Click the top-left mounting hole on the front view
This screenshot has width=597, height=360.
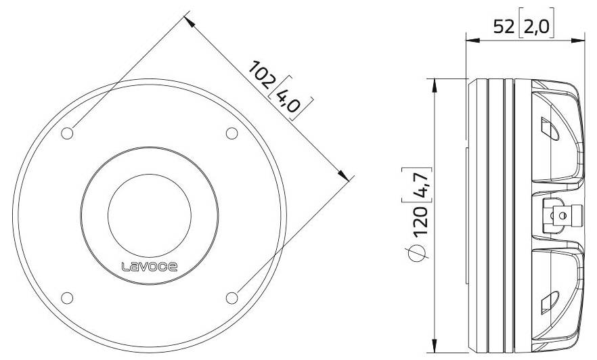67,133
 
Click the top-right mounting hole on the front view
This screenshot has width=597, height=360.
231,133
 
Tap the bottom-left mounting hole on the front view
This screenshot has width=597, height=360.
67,297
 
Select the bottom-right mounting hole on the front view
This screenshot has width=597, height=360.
231,297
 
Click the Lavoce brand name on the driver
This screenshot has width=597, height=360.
150,267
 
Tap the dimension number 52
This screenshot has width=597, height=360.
504,26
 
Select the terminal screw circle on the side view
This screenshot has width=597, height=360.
558,215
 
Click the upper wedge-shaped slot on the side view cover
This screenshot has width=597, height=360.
549,128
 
